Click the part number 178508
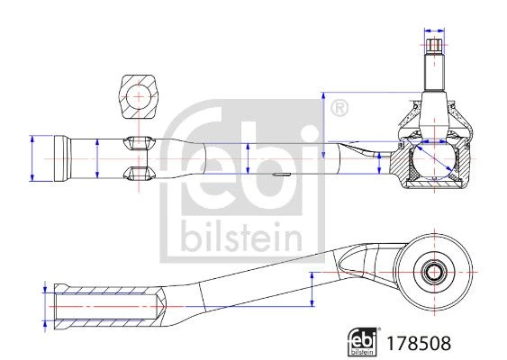coord(418,343)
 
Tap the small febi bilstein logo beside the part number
coord(362,342)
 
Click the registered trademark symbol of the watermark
coord(340,109)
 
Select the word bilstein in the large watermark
coord(241,236)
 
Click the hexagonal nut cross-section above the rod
coord(139,97)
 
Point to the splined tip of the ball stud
coord(434,45)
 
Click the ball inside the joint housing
coord(434,158)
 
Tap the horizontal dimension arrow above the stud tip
coord(434,31)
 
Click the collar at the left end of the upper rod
coord(62,158)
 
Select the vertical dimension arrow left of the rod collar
coord(32,158)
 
